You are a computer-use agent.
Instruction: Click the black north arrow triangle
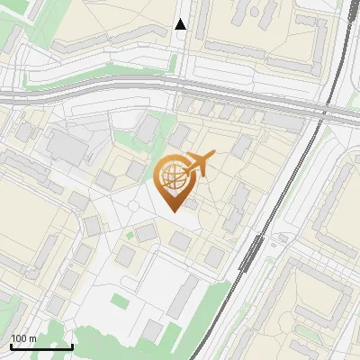[181, 24]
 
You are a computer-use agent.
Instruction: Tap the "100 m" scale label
[23, 338]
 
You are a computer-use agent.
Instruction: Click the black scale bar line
[41, 346]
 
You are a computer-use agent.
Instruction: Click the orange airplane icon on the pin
[199, 165]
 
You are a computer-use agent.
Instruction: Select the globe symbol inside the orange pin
[174, 175]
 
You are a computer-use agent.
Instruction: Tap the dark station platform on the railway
[251, 255]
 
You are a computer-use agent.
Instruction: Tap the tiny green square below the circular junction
[130, 235]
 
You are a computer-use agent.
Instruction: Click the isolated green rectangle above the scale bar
[120, 301]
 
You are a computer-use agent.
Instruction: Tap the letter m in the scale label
[32, 338]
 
